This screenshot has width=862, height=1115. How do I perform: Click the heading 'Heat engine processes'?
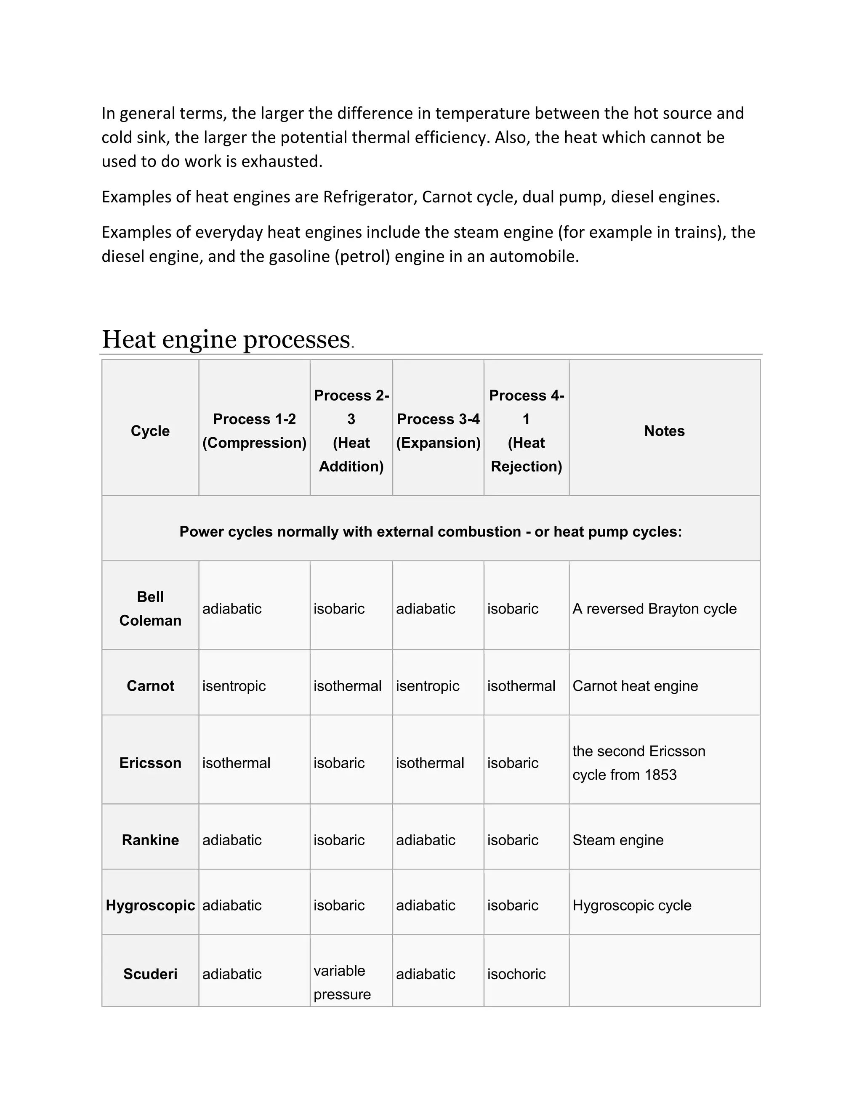coord(226,340)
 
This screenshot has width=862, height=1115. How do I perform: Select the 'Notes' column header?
coord(664,431)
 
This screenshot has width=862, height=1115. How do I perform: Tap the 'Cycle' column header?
coord(150,431)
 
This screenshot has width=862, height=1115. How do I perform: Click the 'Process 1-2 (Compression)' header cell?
coord(254,431)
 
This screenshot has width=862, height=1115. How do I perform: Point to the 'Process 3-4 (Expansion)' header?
coord(438,431)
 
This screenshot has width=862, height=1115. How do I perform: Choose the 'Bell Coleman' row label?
coord(150,608)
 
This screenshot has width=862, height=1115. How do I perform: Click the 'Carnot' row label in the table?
coord(150,686)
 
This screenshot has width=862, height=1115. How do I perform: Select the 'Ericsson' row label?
coord(150,763)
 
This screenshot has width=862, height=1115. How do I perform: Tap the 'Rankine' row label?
coord(150,840)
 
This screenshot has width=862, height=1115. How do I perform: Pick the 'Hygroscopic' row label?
coord(150,905)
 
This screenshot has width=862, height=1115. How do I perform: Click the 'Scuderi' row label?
coord(150,974)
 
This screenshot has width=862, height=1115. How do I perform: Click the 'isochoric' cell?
coord(516,974)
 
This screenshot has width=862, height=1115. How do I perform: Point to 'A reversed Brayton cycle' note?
coord(654,608)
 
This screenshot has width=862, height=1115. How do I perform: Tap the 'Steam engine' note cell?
coord(618,840)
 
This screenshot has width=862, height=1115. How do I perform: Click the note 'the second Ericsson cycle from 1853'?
coord(639,763)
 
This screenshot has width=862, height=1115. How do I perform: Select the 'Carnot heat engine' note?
coord(635,686)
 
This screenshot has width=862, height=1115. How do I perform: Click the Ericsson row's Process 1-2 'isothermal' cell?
coord(236,763)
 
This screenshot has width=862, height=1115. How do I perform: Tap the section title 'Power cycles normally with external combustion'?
coord(431,532)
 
